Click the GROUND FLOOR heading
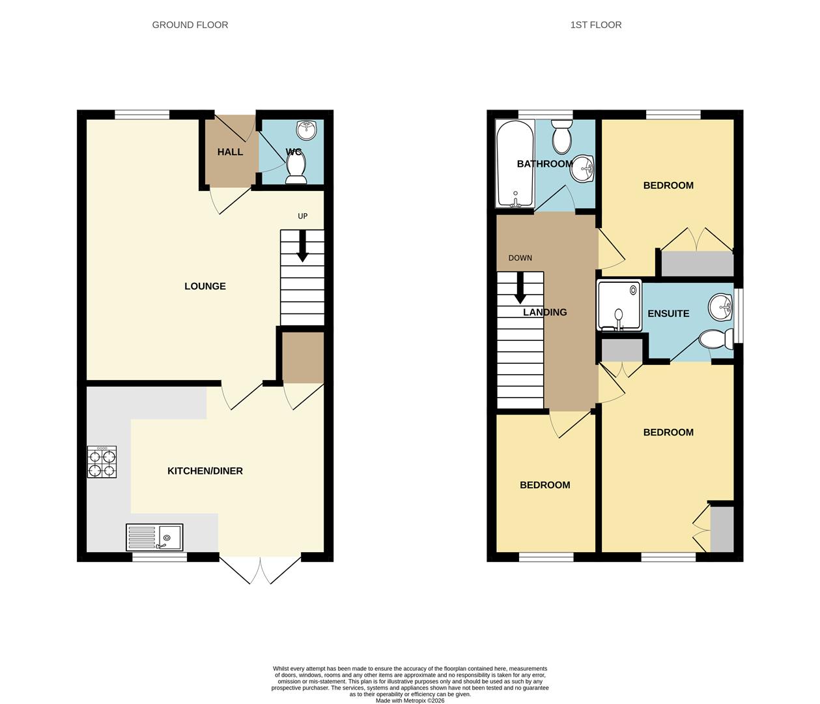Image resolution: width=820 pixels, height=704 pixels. (190, 25)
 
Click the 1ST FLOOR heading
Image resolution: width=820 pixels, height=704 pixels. (595, 25)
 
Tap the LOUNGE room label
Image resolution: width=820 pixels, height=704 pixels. (205, 286)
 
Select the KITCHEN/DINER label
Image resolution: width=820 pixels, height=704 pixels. (205, 471)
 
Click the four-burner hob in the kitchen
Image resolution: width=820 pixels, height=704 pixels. (102, 462)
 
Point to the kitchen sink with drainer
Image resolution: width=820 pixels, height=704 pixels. (154, 538)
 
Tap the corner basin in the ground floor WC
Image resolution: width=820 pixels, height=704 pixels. (307, 130)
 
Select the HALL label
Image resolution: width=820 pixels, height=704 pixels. (230, 152)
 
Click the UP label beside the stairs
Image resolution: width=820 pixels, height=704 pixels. (302, 216)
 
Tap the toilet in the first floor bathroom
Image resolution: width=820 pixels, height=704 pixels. (561, 136)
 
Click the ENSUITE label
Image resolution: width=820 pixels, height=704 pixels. (668, 314)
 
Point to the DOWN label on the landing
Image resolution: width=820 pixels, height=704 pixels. (520, 258)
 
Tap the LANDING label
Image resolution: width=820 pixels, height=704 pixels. (545, 312)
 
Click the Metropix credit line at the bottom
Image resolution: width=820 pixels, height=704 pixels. (410, 701)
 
